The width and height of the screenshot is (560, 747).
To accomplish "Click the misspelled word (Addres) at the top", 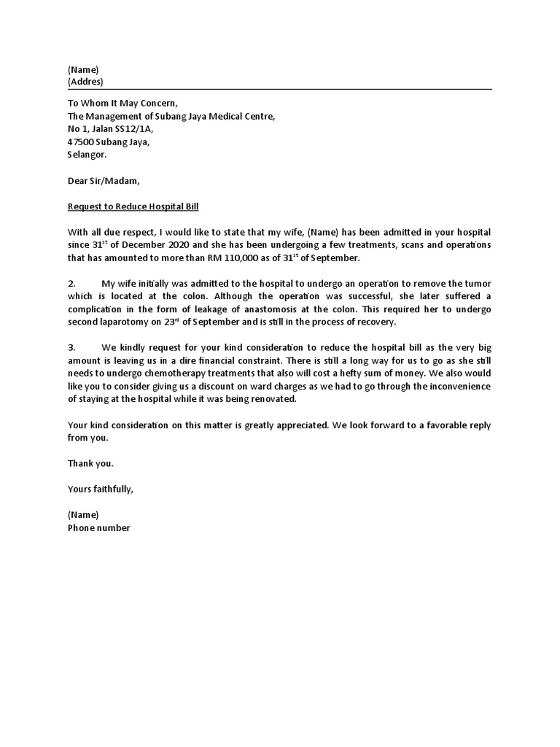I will point(85,82).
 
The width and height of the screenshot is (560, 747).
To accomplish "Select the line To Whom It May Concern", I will point(122,103).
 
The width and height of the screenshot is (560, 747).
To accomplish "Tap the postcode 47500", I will point(81,142).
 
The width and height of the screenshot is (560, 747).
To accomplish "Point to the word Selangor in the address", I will point(87,155).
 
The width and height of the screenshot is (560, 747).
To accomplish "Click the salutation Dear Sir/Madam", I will point(102,181).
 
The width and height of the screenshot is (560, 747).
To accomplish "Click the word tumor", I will point(478,284).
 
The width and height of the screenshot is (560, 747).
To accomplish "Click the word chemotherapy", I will point(169,374).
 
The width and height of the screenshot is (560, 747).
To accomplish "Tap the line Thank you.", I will point(90,464).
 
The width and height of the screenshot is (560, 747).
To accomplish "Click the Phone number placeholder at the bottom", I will point(98,527).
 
